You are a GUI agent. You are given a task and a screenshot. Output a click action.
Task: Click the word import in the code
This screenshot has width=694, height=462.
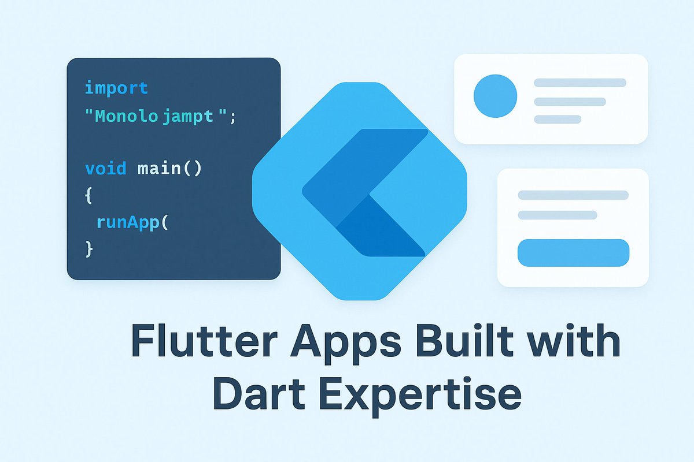tap(116, 88)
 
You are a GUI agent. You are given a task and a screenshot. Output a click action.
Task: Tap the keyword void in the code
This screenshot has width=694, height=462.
tap(106, 169)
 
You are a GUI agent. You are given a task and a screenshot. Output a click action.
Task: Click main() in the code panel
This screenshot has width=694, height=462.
tap(169, 169)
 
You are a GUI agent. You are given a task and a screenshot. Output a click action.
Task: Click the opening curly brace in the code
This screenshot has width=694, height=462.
tap(88, 195)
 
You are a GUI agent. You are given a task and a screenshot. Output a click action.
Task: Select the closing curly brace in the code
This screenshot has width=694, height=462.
tap(88, 248)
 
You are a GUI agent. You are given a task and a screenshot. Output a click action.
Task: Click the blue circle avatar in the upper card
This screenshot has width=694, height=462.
tap(495, 96)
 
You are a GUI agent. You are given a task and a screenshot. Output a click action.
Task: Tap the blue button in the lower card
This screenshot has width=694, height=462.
tap(573, 253)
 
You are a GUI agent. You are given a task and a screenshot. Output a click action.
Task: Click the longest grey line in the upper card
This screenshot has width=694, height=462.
tap(579, 83)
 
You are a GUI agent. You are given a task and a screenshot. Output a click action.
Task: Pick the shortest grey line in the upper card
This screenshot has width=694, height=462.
tap(558, 120)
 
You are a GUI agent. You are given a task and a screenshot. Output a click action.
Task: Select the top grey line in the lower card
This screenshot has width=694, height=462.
tap(573, 195)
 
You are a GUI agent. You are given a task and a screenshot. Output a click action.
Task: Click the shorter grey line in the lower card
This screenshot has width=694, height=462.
tap(558, 215)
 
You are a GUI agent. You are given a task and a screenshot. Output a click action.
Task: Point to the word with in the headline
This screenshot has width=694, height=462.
tap(570, 342)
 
